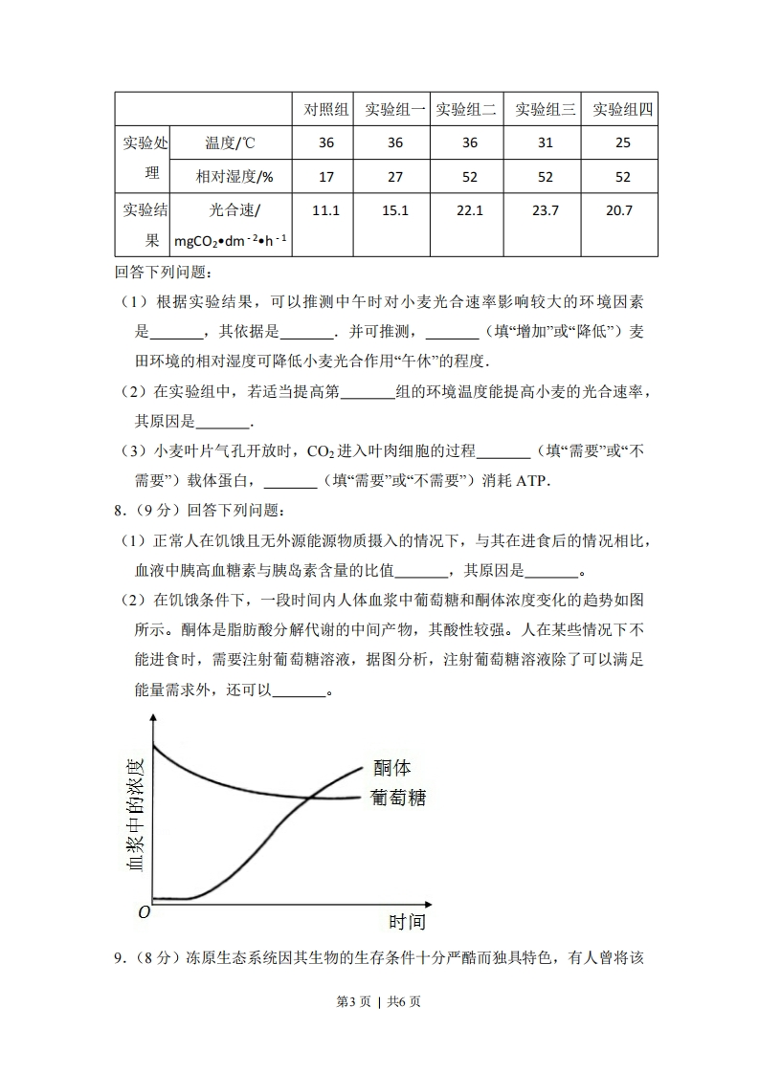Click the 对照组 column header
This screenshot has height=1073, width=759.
(326, 109)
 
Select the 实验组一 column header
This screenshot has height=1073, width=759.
(395, 109)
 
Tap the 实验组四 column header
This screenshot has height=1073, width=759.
(623, 109)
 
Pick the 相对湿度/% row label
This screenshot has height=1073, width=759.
(234, 177)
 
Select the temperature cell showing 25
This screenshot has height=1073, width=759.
(623, 143)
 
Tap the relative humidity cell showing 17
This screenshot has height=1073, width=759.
(326, 177)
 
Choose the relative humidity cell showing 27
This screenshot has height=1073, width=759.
(395, 177)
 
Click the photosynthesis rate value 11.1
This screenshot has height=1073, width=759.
(326, 210)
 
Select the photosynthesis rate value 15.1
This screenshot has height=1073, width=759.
(395, 210)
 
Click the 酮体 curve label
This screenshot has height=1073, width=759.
(392, 768)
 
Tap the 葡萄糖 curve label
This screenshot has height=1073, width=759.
(398, 798)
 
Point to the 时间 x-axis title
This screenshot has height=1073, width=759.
(407, 922)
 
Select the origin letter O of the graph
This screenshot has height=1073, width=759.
(145, 912)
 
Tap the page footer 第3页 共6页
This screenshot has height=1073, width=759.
(379, 1001)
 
